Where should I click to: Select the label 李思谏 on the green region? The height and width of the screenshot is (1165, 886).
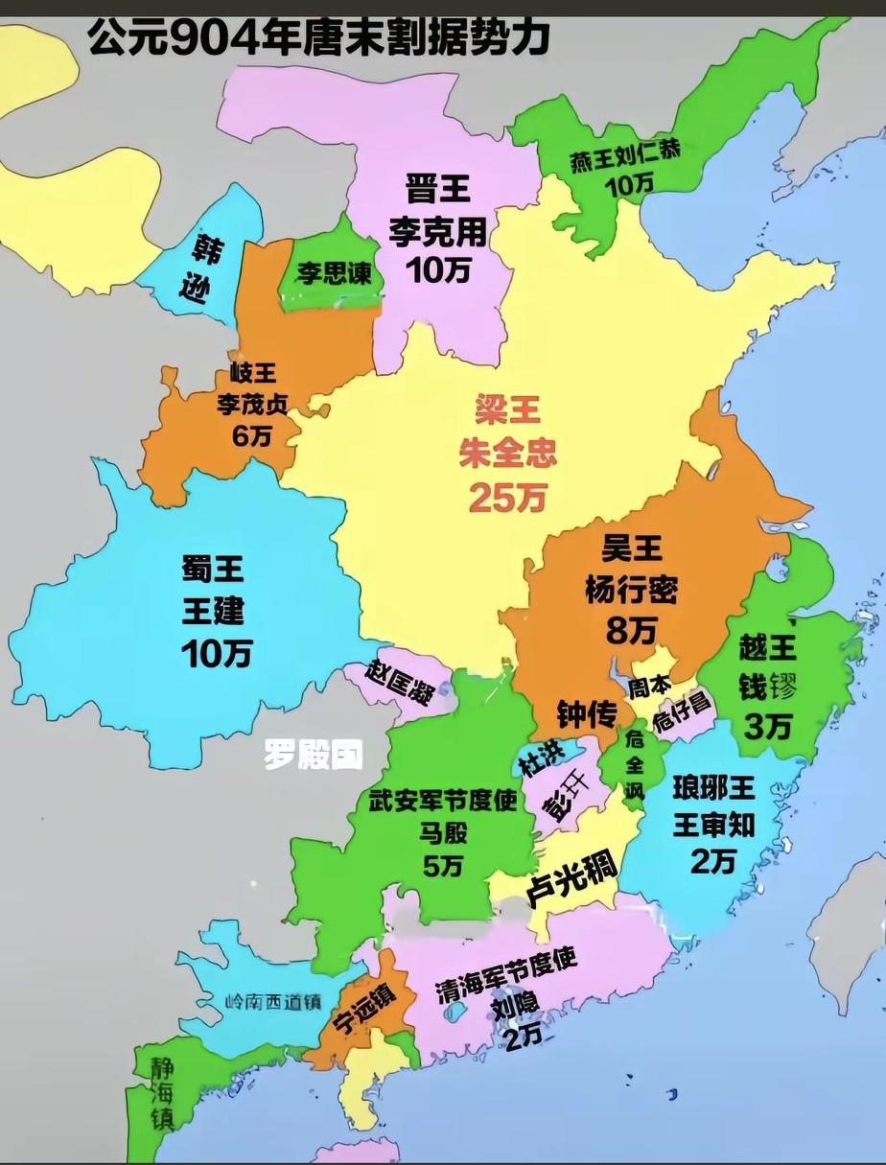point(332,273)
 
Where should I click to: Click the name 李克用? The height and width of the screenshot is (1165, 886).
point(437,231)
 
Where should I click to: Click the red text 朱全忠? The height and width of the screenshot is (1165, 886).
point(507,453)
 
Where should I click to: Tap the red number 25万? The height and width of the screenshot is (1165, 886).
point(507,496)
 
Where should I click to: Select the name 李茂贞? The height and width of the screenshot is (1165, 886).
point(251,404)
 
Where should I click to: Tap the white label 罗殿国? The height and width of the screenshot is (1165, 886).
point(314,757)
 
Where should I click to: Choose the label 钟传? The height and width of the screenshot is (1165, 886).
point(586,712)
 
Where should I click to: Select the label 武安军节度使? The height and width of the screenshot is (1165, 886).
point(443,801)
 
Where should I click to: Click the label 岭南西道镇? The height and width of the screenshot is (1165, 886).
point(272,1002)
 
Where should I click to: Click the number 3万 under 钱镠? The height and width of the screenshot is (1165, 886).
point(767,728)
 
